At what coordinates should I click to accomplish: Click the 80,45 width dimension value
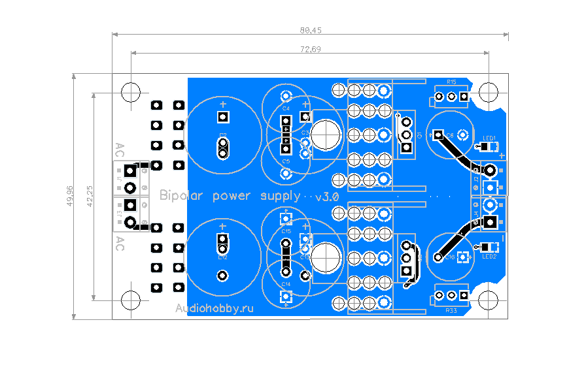[311, 30]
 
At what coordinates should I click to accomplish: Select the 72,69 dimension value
[310, 49]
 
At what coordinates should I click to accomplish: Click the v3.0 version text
[327, 197]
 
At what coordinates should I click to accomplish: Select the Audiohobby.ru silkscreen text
[214, 308]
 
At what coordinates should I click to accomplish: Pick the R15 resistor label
[451, 82]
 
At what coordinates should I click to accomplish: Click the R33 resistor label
[451, 311]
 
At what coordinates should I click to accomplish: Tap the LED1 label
[490, 138]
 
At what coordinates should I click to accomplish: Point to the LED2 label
[490, 257]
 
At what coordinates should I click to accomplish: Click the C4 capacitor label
[286, 108]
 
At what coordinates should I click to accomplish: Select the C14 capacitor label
[286, 285]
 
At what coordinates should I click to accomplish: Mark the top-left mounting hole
[131, 90]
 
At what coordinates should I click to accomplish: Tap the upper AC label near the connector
[120, 149]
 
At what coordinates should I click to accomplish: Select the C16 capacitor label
[450, 258]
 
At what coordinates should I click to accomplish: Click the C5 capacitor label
[286, 161]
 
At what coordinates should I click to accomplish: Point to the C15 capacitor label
[286, 231]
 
